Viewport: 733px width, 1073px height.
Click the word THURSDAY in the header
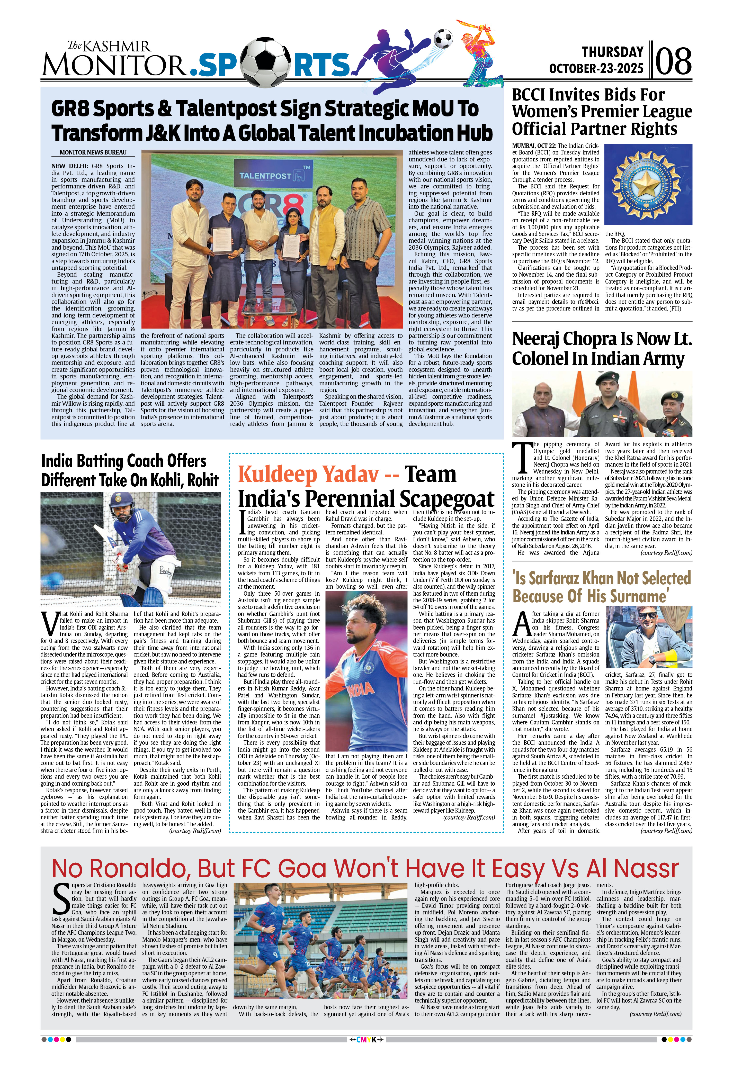[x=612, y=52]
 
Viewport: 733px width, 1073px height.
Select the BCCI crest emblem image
[x=648, y=184]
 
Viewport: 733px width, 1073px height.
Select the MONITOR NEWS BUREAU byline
[x=93, y=152]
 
